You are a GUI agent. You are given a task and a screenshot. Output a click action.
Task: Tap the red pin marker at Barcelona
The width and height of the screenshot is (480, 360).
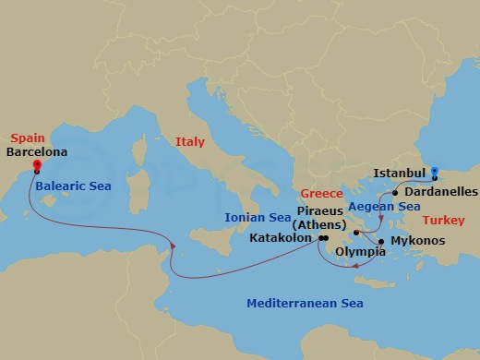[x=36, y=166]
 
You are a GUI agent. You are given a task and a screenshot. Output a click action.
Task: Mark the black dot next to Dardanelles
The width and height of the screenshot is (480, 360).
[x=395, y=193]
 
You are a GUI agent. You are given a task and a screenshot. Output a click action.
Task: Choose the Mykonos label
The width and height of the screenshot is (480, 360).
[x=417, y=241]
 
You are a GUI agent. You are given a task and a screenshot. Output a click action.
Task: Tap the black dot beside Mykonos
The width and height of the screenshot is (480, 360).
[x=381, y=241]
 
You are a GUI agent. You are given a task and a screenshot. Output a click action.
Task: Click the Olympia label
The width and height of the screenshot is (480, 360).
[x=361, y=250]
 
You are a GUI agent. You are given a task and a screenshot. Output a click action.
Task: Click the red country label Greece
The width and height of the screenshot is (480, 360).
[x=322, y=195]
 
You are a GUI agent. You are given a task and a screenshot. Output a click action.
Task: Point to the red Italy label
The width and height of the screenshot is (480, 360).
[x=190, y=141]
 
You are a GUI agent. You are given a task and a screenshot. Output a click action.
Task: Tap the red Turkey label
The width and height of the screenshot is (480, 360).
[x=445, y=222]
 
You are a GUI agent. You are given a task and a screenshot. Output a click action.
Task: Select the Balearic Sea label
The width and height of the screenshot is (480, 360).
[x=75, y=186]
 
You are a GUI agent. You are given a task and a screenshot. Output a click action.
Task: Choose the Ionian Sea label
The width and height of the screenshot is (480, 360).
[x=258, y=219]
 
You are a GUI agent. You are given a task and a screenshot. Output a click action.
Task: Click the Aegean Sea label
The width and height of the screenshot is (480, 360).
[x=378, y=209]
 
